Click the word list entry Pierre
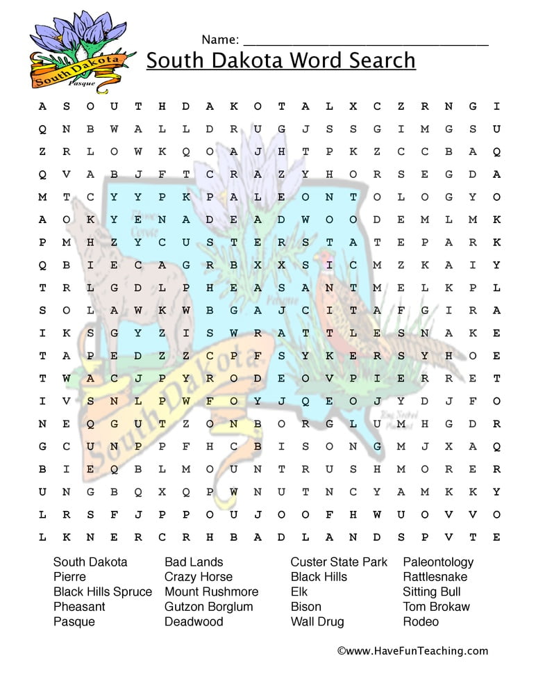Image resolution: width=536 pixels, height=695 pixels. (x=69, y=577)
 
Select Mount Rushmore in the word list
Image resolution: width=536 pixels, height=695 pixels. (x=211, y=592)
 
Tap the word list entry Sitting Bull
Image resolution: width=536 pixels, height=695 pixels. (x=431, y=592)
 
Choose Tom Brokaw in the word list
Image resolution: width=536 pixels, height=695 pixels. (x=436, y=607)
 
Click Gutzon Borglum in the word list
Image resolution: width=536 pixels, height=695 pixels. (x=208, y=607)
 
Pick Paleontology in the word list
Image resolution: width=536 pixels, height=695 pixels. (x=438, y=562)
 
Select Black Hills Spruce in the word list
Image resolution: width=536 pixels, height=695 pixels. (x=103, y=592)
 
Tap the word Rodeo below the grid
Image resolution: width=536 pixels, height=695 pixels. (x=421, y=622)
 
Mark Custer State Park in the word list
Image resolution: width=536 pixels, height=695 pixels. (x=339, y=562)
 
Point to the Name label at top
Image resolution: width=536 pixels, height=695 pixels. (x=220, y=39)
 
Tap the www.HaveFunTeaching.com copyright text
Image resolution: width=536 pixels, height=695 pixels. (x=412, y=651)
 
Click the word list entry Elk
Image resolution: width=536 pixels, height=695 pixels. (x=299, y=592)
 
